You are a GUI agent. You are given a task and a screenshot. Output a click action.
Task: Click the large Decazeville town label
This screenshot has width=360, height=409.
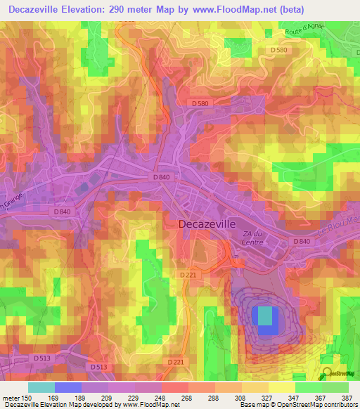click(210, 223)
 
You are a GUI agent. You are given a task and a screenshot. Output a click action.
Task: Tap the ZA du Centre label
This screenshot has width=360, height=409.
click(252, 238)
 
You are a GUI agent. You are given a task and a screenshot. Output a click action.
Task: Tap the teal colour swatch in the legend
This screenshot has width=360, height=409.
click(41, 387)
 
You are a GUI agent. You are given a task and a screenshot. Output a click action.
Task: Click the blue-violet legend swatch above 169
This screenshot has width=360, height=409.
click(68, 387)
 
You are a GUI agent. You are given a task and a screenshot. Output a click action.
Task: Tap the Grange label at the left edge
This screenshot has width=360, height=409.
click(10, 202)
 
